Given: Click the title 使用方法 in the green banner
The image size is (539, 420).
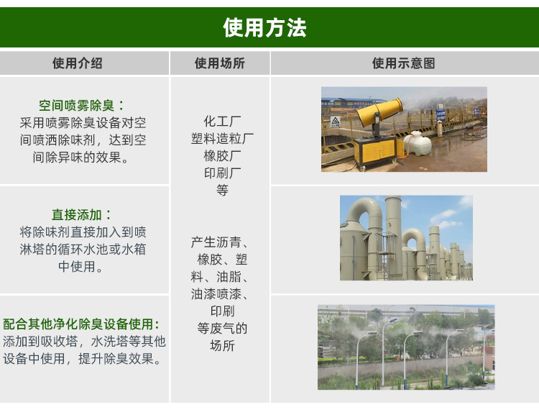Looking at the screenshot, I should click(x=264, y=28).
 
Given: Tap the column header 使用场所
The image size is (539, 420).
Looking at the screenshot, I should click(x=219, y=63).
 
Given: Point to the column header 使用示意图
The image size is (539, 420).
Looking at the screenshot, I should click(x=403, y=63).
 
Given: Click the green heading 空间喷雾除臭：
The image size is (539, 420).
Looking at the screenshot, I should click(x=82, y=106).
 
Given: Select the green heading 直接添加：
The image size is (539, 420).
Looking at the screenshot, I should click(x=82, y=215).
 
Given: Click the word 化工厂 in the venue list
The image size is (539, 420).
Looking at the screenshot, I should click(x=222, y=122).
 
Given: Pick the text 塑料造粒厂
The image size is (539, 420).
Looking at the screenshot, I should click(x=222, y=139).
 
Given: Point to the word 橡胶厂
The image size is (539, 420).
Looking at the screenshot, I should click(x=222, y=156).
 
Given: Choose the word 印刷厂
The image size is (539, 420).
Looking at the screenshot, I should click(x=222, y=173).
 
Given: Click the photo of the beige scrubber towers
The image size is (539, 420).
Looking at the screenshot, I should click(x=406, y=238).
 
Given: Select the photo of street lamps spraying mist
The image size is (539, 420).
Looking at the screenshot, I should click(x=406, y=347).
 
